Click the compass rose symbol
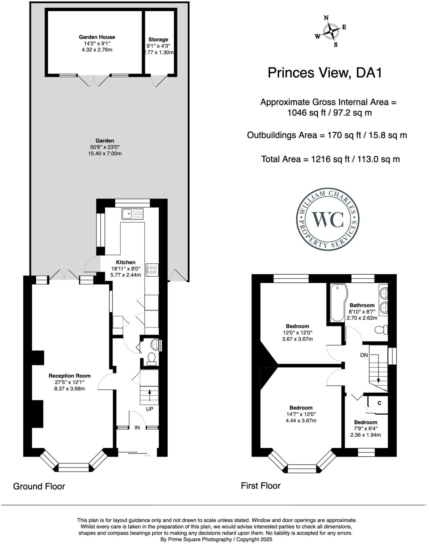tap(331, 31)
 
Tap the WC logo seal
tap(328, 219)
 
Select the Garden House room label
tap(97, 37)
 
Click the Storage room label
tap(158, 40)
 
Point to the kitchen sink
tap(132, 214)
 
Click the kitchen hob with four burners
tap(152, 270)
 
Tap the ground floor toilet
tap(152, 358)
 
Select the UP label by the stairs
tap(150, 409)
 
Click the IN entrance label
tap(137, 427)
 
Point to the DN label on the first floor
tap(364, 355)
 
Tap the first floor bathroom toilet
tap(381, 330)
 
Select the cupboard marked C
tap(379, 403)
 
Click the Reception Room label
tap(70, 376)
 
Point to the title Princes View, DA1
tap(325, 73)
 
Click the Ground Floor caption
tap(39, 486)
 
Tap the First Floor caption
tap(260, 486)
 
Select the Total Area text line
tap(330, 159)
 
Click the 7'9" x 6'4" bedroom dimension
tap(365, 428)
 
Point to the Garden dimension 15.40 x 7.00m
tap(105, 154)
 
